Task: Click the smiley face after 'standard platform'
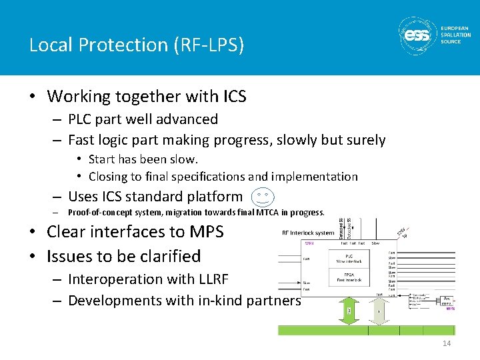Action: click(261, 197)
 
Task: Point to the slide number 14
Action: click(446, 343)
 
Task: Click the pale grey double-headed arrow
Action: click(379, 311)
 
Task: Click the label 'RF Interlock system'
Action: click(307, 233)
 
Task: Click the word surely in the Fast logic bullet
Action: click(365, 140)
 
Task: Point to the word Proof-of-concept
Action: click(96, 213)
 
